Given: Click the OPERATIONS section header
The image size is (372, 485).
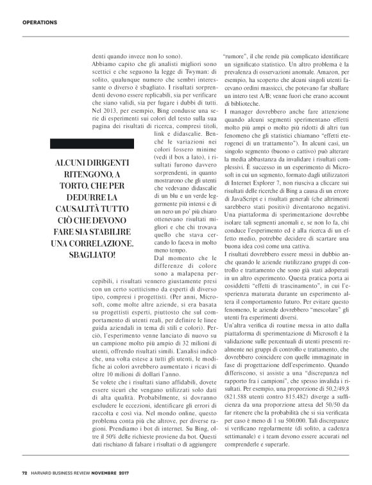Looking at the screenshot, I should point(40,23).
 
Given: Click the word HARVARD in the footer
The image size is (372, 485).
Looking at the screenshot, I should point(44,473).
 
